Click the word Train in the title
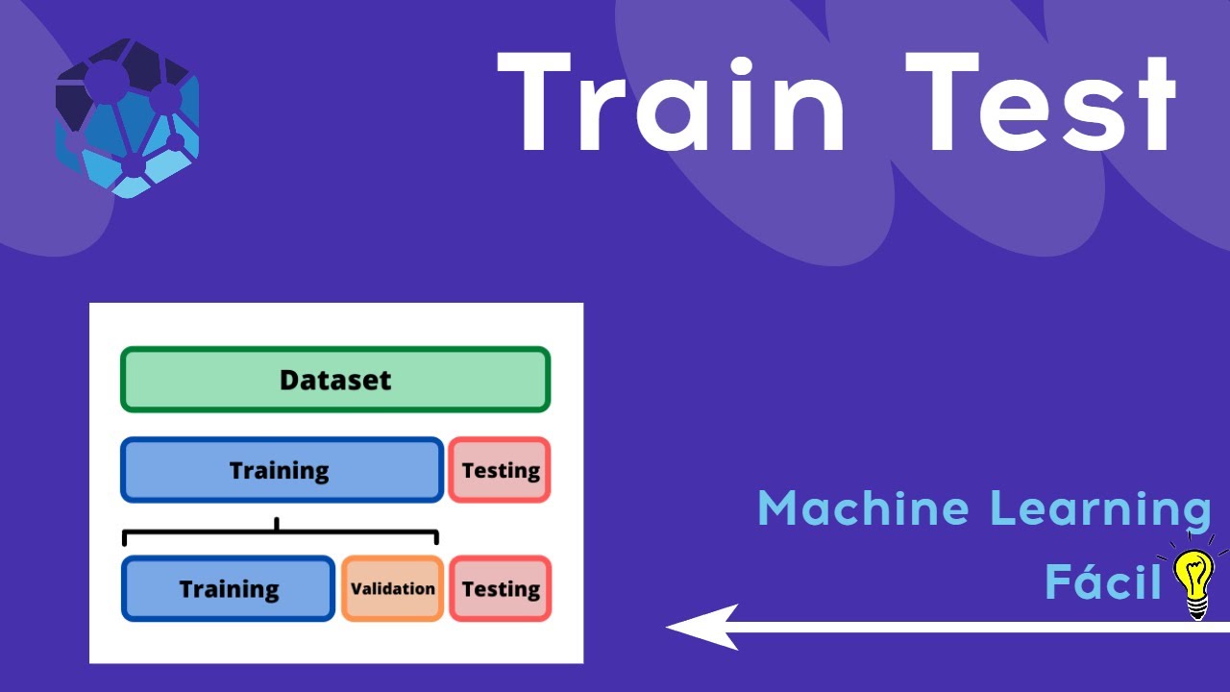pyautogui.click(x=670, y=102)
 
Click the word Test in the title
pyautogui.click(x=1041, y=102)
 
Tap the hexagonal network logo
pyautogui.click(x=127, y=117)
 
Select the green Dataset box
pyautogui.click(x=335, y=379)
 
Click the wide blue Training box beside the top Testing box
pyautogui.click(x=282, y=470)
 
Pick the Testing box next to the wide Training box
pyautogui.click(x=500, y=470)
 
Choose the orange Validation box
pyautogui.click(x=393, y=588)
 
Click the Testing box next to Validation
pyautogui.click(x=501, y=588)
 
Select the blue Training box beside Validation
pyautogui.click(x=228, y=588)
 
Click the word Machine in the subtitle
pyautogui.click(x=863, y=508)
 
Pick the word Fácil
pyautogui.click(x=1102, y=580)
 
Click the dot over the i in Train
pyautogui.click(x=741, y=67)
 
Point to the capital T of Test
pyautogui.click(x=942, y=101)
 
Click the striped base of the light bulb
pyautogui.click(x=1197, y=609)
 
